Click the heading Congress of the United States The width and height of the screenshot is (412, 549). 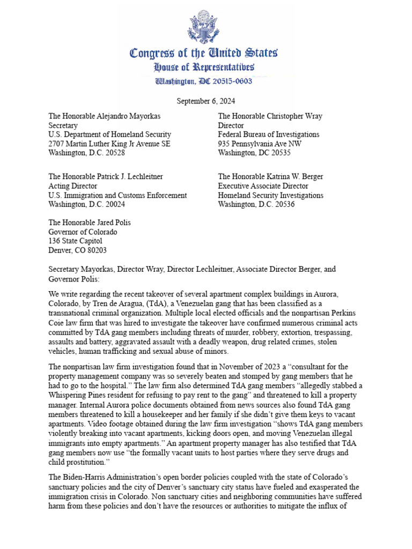click(x=203, y=53)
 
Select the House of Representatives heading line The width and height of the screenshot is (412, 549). click(x=204, y=67)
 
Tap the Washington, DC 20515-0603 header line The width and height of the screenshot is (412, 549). click(x=204, y=81)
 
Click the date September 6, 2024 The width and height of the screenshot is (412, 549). click(x=206, y=101)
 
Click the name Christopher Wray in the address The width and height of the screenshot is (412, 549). click(x=295, y=116)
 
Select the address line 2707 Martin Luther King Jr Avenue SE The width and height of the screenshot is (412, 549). click(x=109, y=144)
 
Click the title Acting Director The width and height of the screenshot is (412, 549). click(x=71, y=186)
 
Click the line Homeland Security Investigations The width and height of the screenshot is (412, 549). click(x=270, y=196)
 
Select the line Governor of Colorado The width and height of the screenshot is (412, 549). click(x=83, y=232)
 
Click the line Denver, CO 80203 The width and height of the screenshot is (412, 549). click(x=77, y=250)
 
